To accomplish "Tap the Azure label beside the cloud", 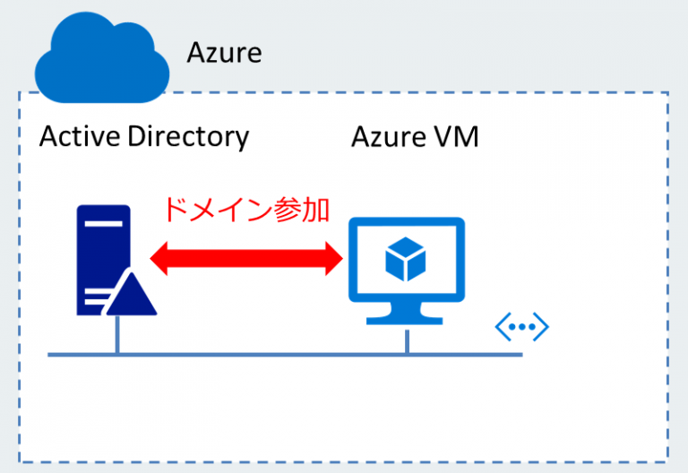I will coord(224,53).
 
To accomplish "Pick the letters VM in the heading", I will coord(454,137).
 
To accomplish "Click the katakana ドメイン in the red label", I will coord(212,210).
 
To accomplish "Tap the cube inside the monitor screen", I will coord(405,261).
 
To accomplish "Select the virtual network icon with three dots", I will coord(521,328).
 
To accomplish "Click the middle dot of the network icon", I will coord(521,328).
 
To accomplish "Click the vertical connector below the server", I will coord(116,336).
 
